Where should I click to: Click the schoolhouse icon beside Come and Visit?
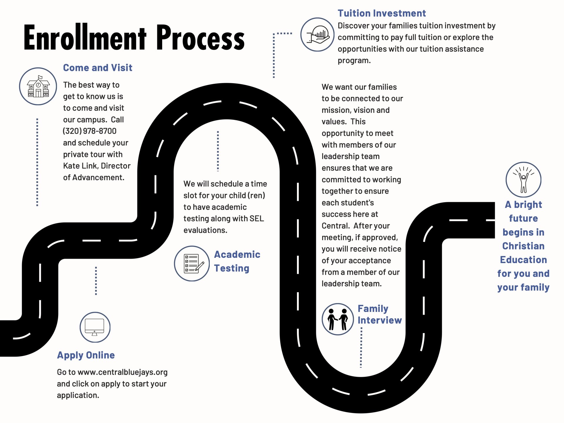pos(38,86)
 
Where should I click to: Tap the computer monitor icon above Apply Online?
pos(95,327)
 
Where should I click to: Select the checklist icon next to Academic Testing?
pos(192,263)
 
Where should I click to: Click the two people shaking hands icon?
pos(338,319)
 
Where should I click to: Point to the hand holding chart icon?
pos(317,35)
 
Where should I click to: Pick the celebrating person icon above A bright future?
pos(523,180)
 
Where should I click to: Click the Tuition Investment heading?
pos(382,13)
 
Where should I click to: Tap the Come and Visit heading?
pos(98,68)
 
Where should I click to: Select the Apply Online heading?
pos(86,355)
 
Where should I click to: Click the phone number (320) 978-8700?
pos(90,131)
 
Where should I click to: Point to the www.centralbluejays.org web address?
pos(122,372)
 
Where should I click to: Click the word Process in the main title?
pos(200,38)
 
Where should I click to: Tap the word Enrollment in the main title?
pos(85,38)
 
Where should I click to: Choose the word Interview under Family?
pos(380,320)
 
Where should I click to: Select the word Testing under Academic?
pos(231,268)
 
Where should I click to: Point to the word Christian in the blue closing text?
pos(523,246)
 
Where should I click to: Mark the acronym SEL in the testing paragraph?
pos(256,218)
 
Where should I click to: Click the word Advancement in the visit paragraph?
pos(98,178)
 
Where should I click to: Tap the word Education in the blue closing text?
pos(523,260)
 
